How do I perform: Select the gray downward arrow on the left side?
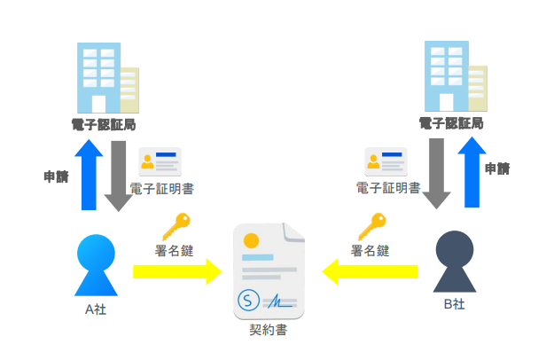pos(118,174)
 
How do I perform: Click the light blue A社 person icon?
pos(96,264)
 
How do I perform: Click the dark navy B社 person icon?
pos(453,262)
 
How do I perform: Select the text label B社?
pos(453,305)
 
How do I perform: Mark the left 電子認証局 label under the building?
pos(104,122)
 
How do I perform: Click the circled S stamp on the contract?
pos(249,300)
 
